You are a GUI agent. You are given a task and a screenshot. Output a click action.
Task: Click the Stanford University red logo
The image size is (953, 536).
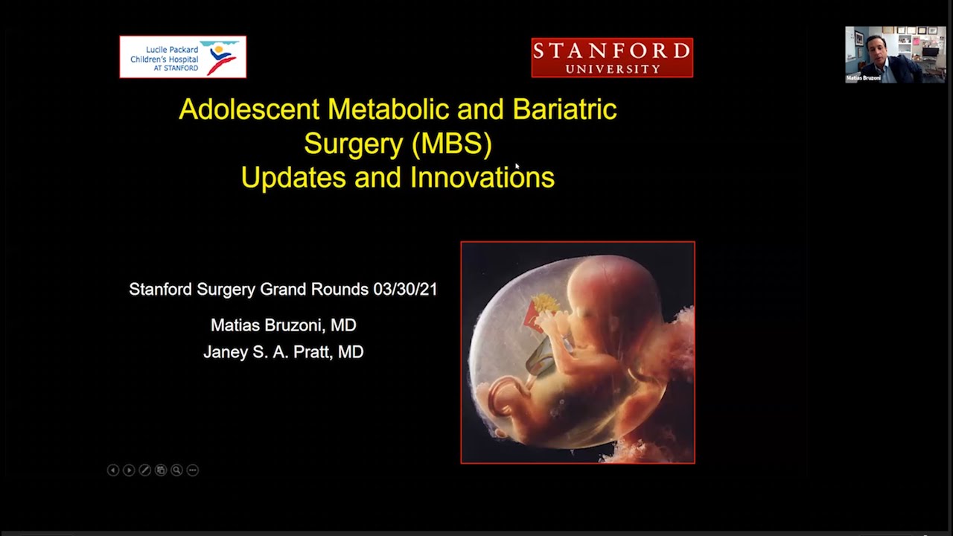pyautogui.click(x=612, y=58)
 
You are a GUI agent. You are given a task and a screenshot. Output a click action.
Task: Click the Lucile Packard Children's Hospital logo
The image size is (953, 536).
pyautogui.click(x=182, y=57)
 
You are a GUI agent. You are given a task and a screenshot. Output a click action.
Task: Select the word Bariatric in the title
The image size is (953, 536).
pyautogui.click(x=564, y=109)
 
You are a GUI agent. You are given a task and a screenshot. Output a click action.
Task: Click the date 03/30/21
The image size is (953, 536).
pyautogui.click(x=406, y=290)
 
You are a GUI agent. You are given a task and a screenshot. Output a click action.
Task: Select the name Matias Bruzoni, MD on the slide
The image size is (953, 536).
pyautogui.click(x=283, y=325)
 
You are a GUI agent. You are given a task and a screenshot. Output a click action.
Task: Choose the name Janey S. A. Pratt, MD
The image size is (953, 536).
pyautogui.click(x=283, y=352)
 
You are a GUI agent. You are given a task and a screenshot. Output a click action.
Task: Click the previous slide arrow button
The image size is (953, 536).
pyautogui.click(x=113, y=470)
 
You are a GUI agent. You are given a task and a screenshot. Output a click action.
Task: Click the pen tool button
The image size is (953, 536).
pyautogui.click(x=145, y=470)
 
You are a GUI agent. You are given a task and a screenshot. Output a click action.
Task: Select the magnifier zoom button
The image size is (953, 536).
pyautogui.click(x=176, y=470)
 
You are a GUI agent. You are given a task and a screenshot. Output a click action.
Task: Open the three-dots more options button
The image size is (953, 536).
pyautogui.click(x=193, y=470)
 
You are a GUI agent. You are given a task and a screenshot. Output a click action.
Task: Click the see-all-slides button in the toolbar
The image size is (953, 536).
pyautogui.click(x=161, y=470)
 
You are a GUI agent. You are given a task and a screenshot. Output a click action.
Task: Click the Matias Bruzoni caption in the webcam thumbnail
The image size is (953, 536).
pyautogui.click(x=864, y=77)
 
